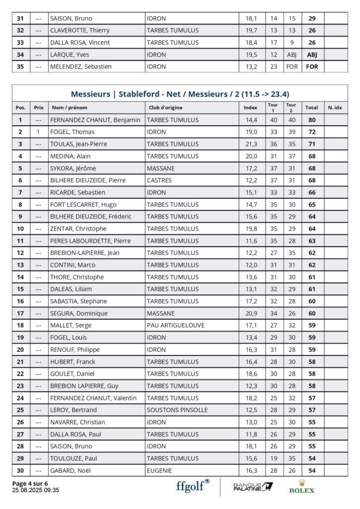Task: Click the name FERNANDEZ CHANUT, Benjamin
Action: [x=95, y=120]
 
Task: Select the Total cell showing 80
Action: [x=312, y=120]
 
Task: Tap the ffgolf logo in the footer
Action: [x=193, y=486]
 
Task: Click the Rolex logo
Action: [x=302, y=486]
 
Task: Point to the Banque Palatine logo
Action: [x=253, y=486]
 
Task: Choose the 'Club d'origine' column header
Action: [x=165, y=107]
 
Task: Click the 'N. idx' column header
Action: [x=335, y=107]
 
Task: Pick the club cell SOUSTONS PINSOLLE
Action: [x=177, y=410]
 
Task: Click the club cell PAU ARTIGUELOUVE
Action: [x=176, y=325]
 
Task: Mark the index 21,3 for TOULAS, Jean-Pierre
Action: [x=252, y=144]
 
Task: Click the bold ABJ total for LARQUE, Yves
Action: [x=312, y=54]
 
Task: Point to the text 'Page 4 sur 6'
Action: [x=30, y=483]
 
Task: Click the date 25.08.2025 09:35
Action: [x=35, y=490]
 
